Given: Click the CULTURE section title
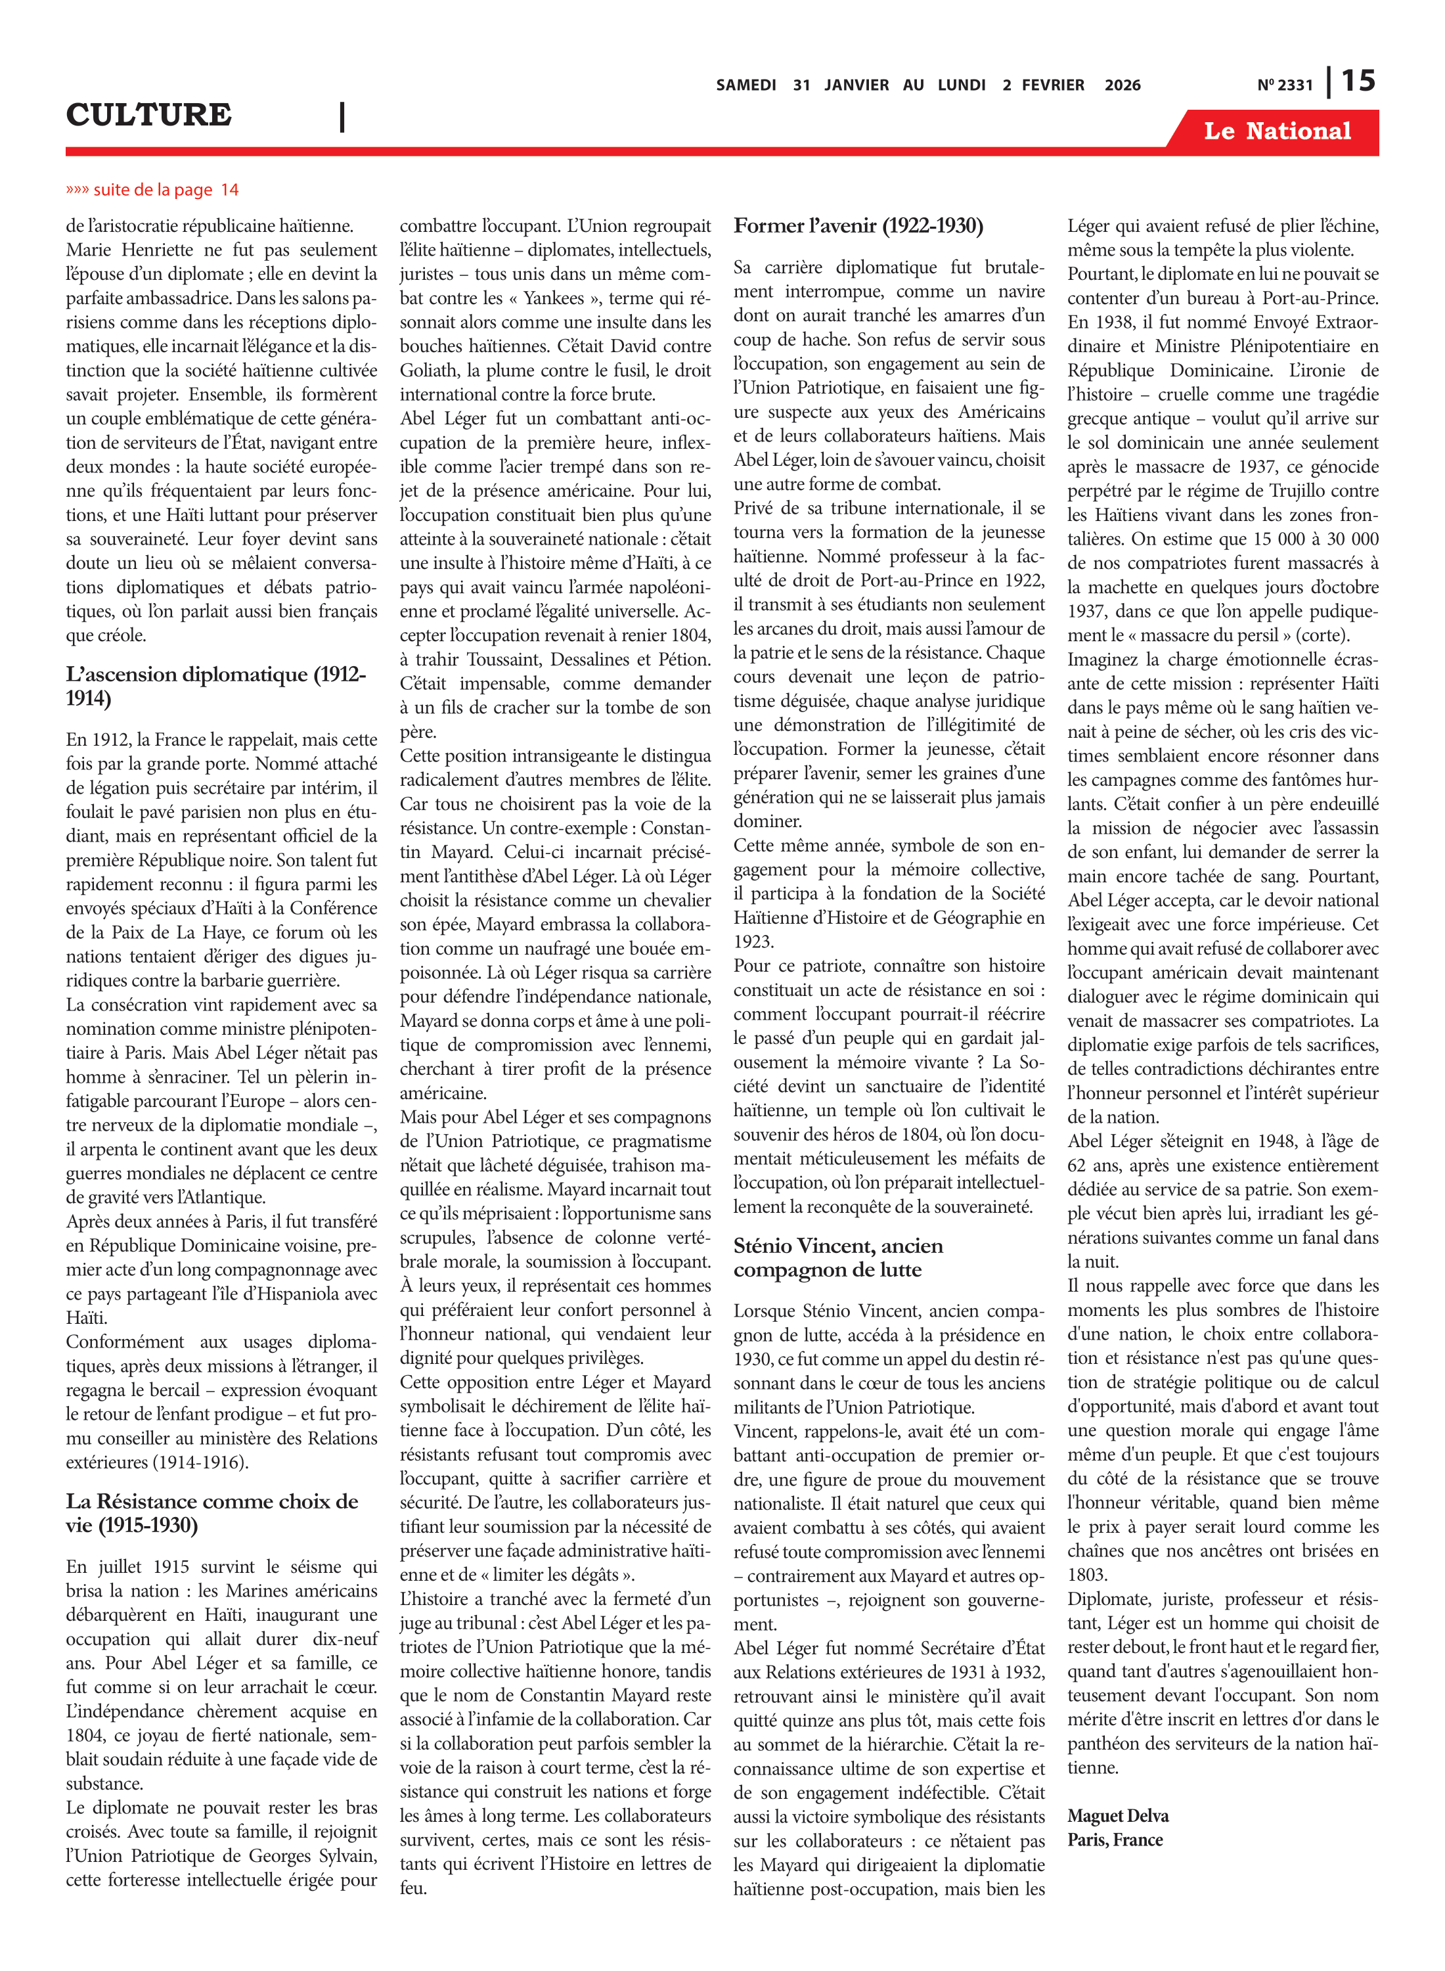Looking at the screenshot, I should [148, 114].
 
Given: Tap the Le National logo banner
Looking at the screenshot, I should [1276, 131].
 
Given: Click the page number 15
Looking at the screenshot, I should [1358, 81].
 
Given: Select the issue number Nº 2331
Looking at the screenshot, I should [1284, 85].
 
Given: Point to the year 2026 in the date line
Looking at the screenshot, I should [1123, 85].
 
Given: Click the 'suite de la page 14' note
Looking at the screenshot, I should [152, 190].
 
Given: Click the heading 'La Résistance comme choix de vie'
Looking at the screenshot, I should [211, 1512].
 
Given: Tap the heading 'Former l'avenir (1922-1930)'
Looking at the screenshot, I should [858, 226].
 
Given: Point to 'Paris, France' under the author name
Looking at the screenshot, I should [1115, 1840].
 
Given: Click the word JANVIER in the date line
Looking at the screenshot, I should [856, 85].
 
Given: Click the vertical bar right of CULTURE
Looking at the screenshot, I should [342, 116].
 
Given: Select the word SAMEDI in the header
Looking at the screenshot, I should [745, 85].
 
